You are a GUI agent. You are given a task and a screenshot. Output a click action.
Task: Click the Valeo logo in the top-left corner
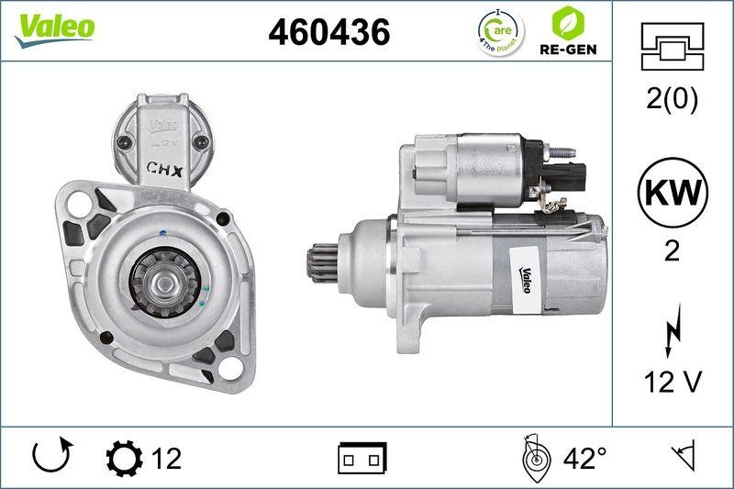[x=54, y=27]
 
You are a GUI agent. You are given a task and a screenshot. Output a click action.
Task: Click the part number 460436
[x=328, y=32]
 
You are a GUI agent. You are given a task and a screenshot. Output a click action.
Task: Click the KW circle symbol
[x=671, y=194]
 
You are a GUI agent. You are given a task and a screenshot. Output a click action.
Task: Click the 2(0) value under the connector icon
[x=672, y=99]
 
